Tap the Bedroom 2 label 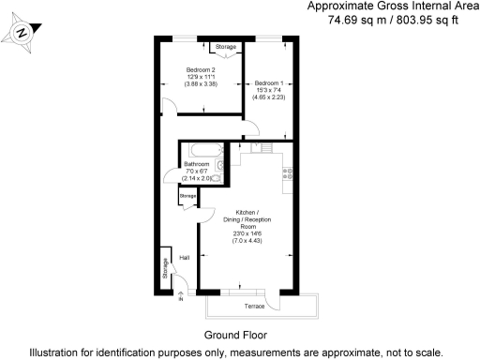click(x=201, y=70)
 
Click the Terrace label click(x=256, y=307)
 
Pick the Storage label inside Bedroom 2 click(x=226, y=46)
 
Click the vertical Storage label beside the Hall click(x=165, y=267)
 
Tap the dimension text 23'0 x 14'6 click(x=247, y=234)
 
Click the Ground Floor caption click(x=235, y=335)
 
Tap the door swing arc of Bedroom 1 click(x=252, y=131)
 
